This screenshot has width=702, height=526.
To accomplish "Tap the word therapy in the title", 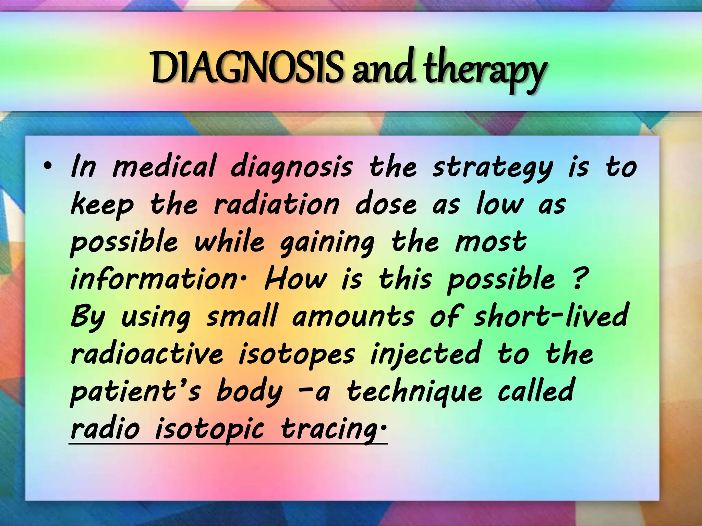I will pos(483,70).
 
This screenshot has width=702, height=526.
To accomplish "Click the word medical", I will pos(165,167).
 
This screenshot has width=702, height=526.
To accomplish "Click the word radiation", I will pos(277,204).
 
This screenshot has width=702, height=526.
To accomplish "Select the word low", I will pos(500,204).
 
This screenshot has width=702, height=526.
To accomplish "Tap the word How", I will pos(295,279).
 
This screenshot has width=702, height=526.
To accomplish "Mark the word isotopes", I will pos(296,354).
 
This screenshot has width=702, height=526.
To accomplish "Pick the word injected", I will pos(425,354).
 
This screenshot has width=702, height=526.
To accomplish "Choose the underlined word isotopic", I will pos(210,429).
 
